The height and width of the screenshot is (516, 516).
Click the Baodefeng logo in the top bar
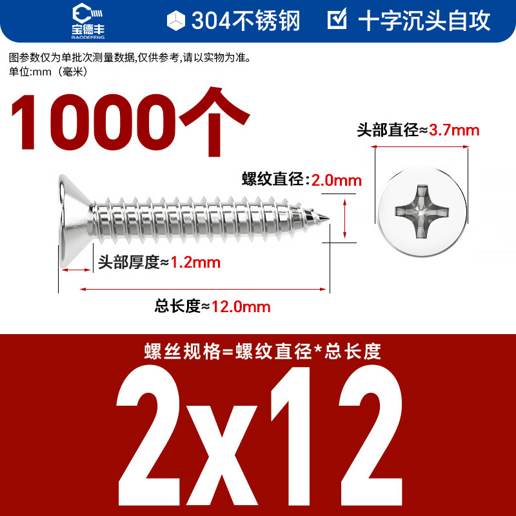[86, 19]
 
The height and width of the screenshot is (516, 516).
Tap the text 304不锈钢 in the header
[246, 21]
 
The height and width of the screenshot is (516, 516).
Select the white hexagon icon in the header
[175, 21]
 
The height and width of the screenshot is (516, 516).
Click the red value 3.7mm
[454, 130]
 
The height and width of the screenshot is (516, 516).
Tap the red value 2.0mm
[337, 180]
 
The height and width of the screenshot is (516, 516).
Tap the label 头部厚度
[128, 263]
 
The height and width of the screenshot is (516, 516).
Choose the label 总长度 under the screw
[178, 306]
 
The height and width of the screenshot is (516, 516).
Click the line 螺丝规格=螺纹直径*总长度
[263, 352]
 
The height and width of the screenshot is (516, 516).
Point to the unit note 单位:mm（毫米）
[48, 72]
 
